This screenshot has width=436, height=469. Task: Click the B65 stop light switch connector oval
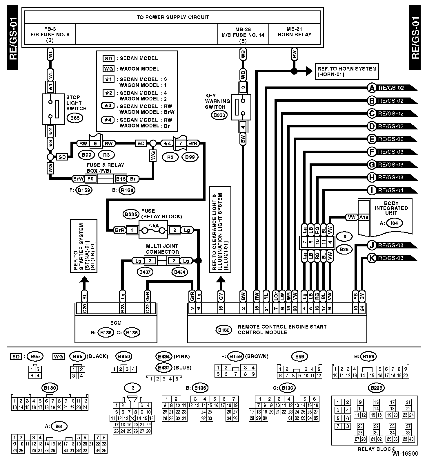(75, 118)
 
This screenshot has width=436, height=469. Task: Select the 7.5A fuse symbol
(153, 230)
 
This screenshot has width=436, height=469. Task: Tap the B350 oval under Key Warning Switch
(219, 115)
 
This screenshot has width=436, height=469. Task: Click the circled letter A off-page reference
(372, 88)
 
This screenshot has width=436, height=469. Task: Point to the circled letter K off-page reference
(372, 258)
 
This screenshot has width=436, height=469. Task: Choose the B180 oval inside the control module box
(224, 330)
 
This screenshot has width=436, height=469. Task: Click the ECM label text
(116, 323)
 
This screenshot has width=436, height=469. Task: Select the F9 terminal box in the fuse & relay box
(90, 179)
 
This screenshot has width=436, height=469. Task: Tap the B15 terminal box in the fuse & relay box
(121, 179)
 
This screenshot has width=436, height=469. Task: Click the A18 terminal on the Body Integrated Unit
(364, 217)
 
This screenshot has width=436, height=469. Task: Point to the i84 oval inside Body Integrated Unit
(394, 223)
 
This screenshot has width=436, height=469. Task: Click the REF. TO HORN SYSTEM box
(347, 71)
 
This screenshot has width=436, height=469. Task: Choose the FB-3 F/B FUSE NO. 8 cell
(50, 35)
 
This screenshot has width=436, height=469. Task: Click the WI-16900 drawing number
(405, 453)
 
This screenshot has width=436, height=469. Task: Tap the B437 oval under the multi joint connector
(145, 272)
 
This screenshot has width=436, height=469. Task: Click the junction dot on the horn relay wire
(294, 71)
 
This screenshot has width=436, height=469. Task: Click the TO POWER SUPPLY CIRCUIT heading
(173, 17)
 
